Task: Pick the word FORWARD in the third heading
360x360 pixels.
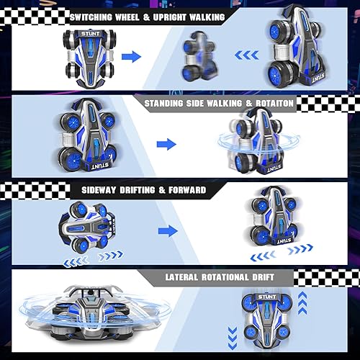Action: click(x=183, y=190)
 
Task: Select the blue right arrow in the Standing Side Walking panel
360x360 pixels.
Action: click(x=166, y=144)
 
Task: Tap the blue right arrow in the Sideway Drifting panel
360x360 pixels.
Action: click(x=167, y=231)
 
